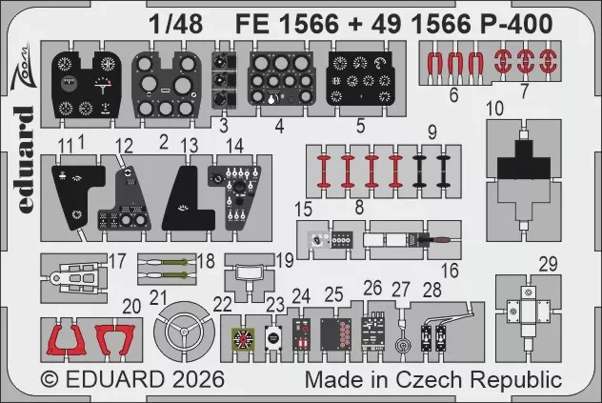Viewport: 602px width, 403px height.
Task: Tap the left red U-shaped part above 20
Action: click(x=66, y=337)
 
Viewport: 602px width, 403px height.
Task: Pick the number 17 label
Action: click(x=116, y=260)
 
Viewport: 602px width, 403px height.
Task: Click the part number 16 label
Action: click(x=449, y=271)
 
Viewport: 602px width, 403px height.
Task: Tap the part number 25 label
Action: click(x=333, y=293)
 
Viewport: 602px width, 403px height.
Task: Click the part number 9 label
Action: click(x=431, y=131)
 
